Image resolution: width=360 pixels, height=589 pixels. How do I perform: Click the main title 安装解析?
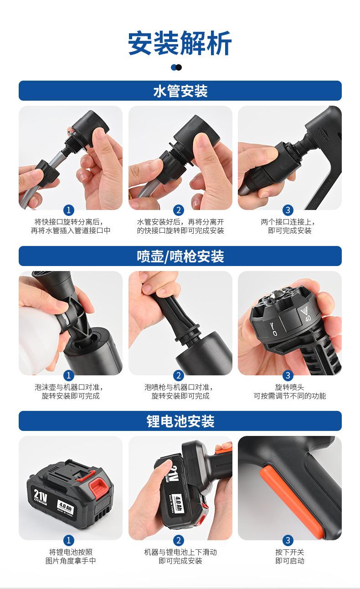point(180,43)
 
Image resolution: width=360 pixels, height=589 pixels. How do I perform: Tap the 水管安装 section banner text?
point(180,91)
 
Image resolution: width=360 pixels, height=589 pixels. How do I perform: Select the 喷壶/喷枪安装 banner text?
point(180,256)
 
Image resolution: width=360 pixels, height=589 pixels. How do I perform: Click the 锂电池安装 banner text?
point(180,421)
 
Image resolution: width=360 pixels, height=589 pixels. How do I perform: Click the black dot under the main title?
point(179,67)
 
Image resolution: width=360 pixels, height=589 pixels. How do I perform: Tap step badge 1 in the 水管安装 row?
point(69,210)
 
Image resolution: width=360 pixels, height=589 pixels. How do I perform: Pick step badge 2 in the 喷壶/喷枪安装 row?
point(179,375)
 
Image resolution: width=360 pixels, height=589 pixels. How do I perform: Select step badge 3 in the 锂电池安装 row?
point(288,540)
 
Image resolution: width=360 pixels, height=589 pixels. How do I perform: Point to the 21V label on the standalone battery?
point(40,495)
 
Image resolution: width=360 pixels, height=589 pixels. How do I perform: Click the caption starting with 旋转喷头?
point(289,391)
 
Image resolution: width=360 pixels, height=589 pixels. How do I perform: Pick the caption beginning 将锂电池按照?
point(71,556)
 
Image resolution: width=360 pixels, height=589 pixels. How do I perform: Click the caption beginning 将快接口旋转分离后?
point(71,226)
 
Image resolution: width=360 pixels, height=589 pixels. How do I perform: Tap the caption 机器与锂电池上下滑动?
point(180,552)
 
